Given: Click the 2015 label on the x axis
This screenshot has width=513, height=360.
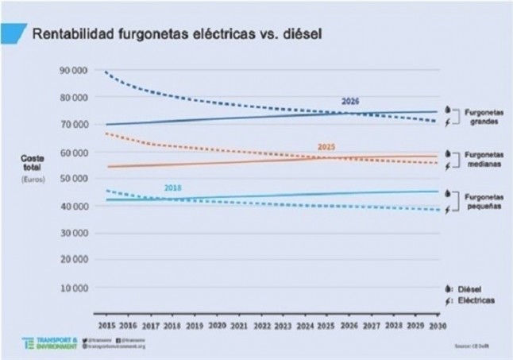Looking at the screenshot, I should (x=107, y=326).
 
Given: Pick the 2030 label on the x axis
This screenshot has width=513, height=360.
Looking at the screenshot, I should (x=435, y=326).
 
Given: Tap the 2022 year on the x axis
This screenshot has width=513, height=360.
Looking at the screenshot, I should (x=260, y=326).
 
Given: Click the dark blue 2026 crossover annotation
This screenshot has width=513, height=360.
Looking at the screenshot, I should (x=350, y=102).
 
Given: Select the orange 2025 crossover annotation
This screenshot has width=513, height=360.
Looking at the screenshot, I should (x=326, y=147).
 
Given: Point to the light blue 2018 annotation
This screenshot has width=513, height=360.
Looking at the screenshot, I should (x=173, y=188).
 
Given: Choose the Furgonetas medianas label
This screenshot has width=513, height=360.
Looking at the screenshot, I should (x=482, y=160).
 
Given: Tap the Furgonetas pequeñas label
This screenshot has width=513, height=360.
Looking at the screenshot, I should (x=482, y=200).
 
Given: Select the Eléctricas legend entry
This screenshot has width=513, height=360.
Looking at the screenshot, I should (x=477, y=301).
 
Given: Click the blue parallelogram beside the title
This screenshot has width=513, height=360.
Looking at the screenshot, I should (x=11, y=33).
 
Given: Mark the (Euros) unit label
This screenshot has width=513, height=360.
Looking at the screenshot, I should (x=33, y=180).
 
